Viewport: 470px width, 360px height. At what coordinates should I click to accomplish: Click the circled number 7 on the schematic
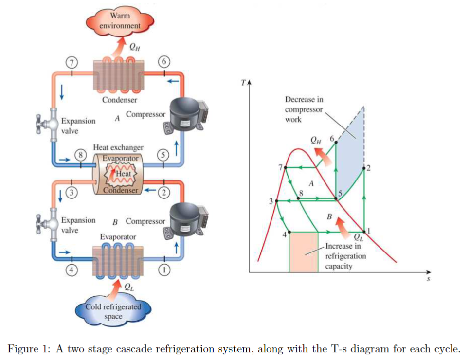click(72, 63)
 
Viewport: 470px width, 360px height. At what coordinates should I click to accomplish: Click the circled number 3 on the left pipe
click(72, 193)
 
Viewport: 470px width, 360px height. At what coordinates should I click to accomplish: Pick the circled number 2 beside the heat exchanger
click(164, 193)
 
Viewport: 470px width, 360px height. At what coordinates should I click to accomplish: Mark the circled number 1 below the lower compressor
click(164, 269)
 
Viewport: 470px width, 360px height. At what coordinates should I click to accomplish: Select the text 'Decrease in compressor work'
click(304, 109)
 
